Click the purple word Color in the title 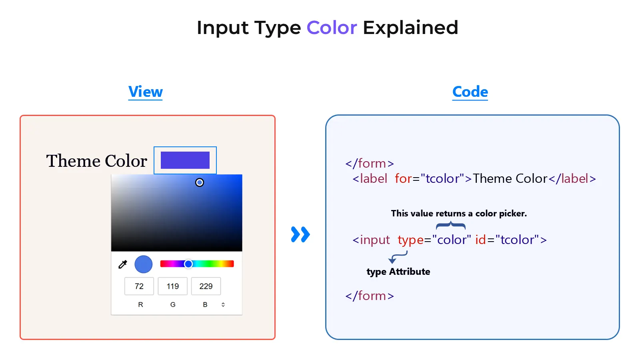click(x=331, y=28)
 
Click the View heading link click(x=145, y=92)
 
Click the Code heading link click(x=470, y=92)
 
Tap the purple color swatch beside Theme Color click(x=185, y=160)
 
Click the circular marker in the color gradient click(x=200, y=182)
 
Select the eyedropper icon click(x=123, y=264)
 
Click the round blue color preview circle click(x=144, y=264)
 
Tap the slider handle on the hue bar click(x=188, y=264)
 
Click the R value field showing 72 click(x=139, y=286)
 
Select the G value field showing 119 click(x=172, y=286)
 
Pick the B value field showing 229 click(x=206, y=286)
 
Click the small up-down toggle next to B click(x=223, y=305)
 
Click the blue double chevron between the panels click(x=300, y=234)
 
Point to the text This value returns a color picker click(x=458, y=214)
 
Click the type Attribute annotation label click(x=398, y=272)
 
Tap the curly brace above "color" click(x=451, y=226)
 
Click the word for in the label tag click(x=403, y=179)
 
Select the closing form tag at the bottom click(x=370, y=296)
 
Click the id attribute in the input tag click(x=480, y=240)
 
